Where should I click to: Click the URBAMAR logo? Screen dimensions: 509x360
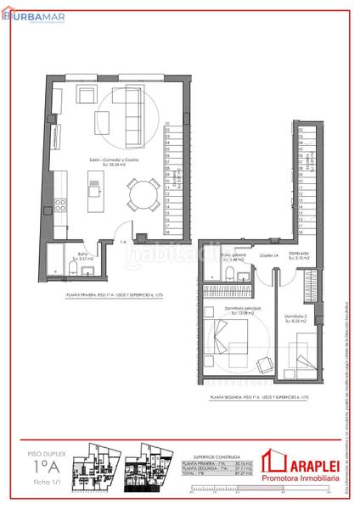coord(25,13)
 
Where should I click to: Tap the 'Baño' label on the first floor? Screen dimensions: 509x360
coord(83,253)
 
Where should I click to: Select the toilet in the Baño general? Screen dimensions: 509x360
coord(232,271)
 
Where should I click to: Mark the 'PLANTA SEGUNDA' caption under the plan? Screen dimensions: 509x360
coord(256,396)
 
